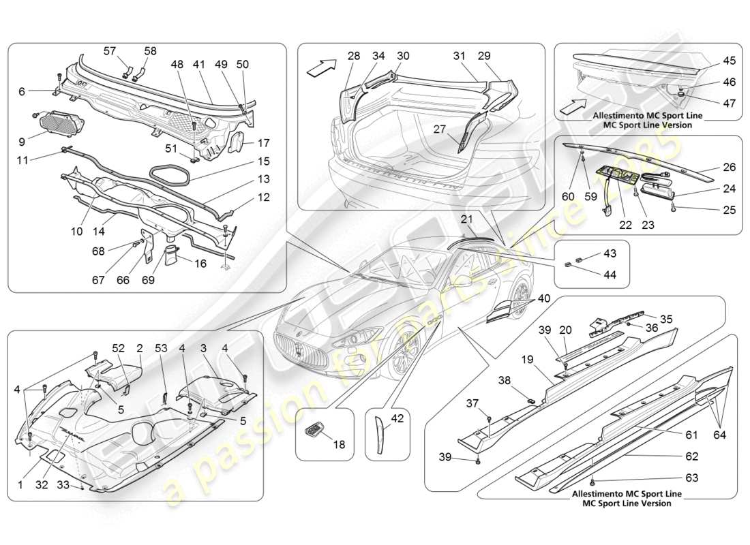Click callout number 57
point(110,51)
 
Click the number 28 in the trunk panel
point(353,55)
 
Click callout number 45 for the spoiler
point(729,61)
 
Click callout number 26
point(729,167)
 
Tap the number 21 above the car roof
point(466,219)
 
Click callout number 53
point(161,348)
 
